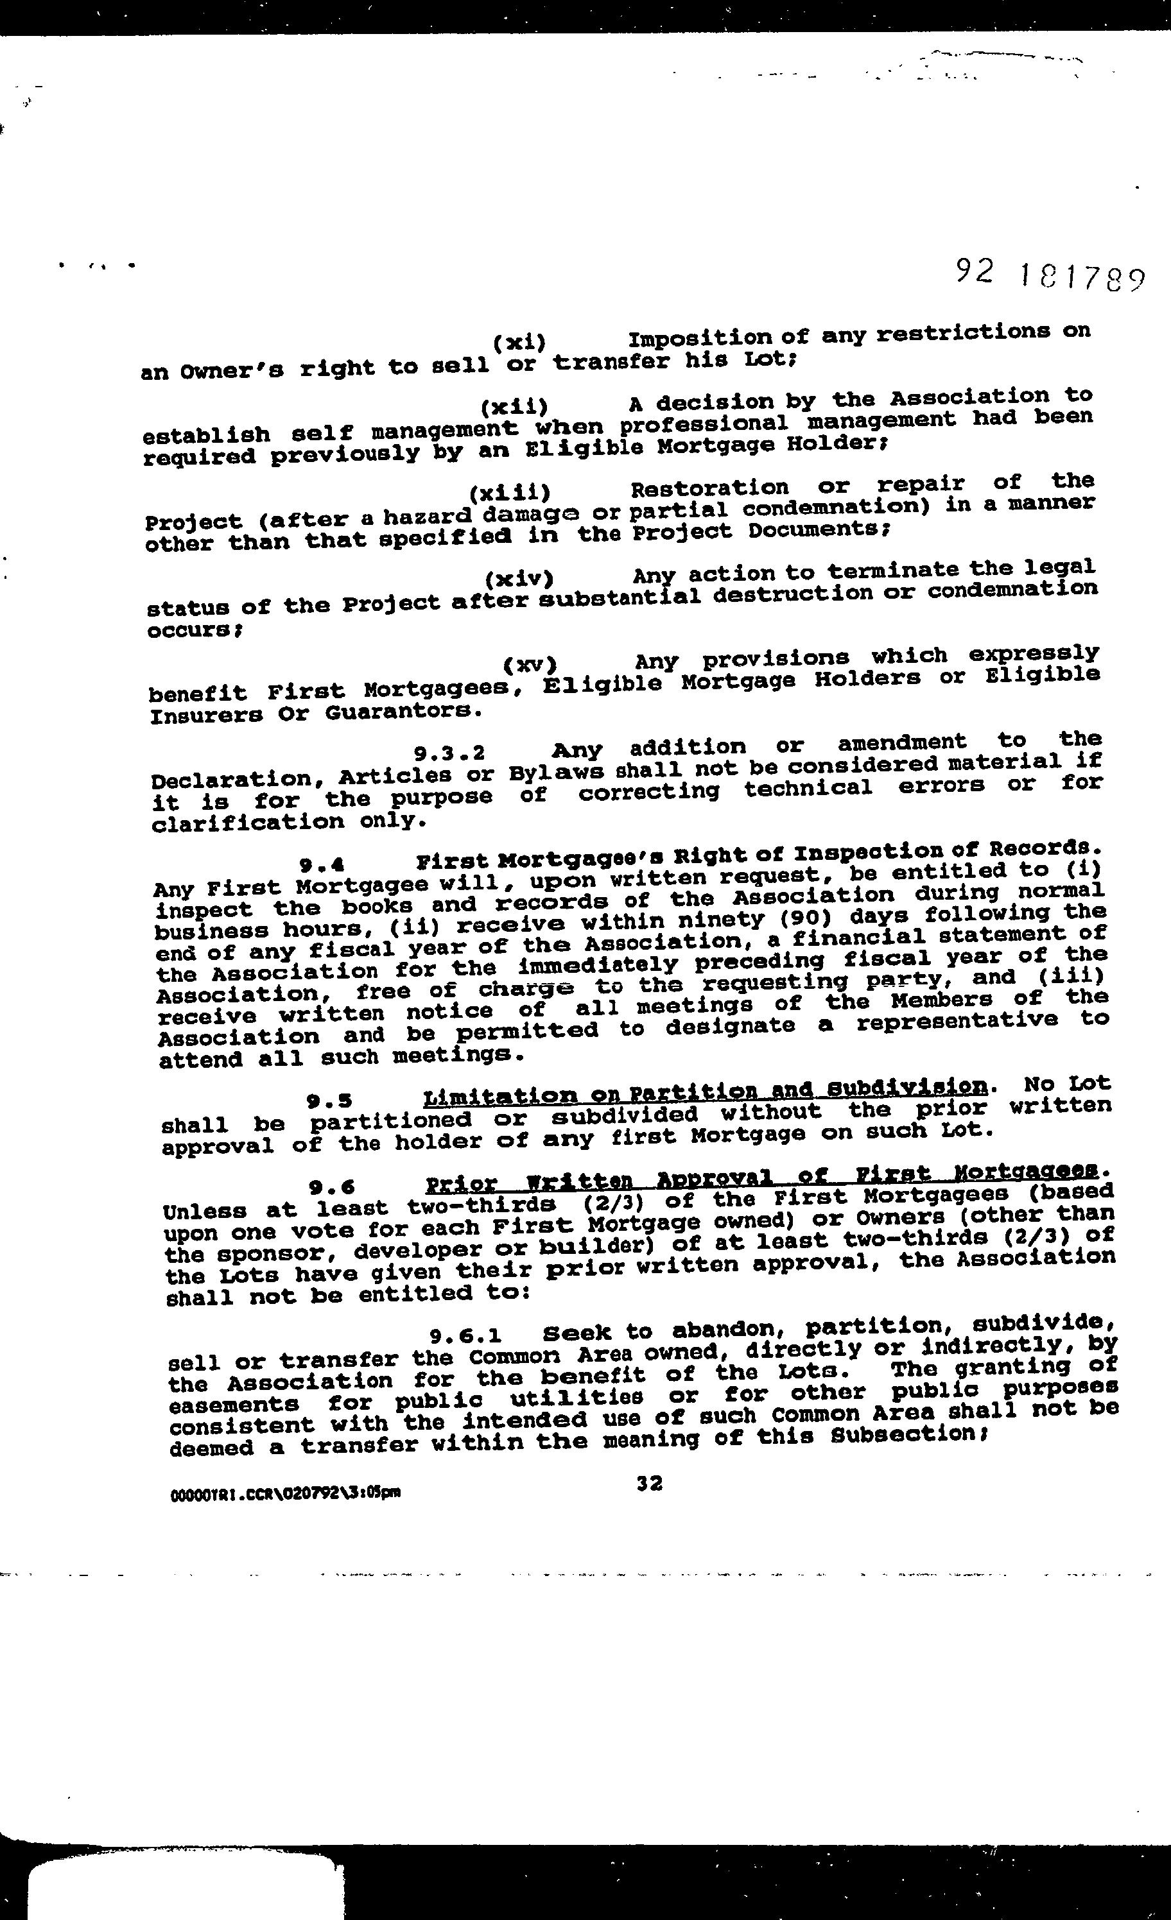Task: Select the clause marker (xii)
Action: [x=514, y=407]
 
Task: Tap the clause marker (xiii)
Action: [x=510, y=492]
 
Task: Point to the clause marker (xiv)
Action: [x=519, y=579]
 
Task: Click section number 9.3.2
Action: [x=449, y=753]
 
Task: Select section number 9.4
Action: [x=322, y=863]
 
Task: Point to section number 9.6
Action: [x=332, y=1187]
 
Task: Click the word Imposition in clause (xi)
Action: [x=699, y=339]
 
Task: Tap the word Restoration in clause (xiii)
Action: [x=709, y=488]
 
